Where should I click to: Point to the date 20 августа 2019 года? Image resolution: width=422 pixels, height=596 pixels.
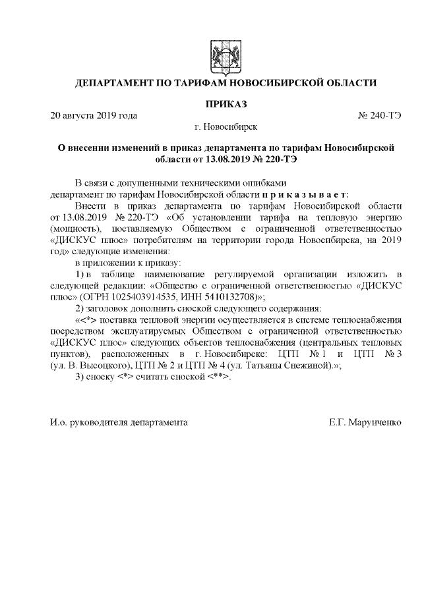(94, 116)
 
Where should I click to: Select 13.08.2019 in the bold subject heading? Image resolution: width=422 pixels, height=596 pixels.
(230, 159)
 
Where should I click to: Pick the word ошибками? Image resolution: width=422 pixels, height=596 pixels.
(263, 182)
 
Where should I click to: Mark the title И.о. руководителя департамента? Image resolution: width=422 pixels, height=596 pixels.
(119, 421)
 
